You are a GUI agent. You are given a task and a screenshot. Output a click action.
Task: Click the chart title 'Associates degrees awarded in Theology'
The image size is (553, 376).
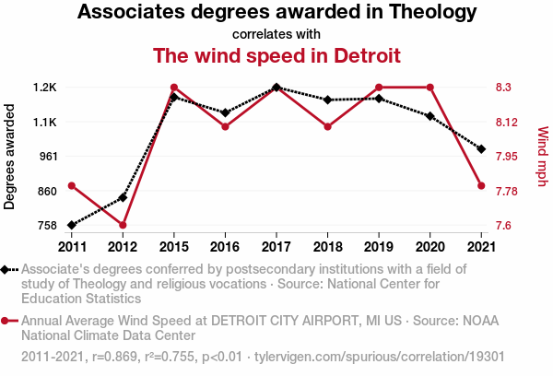(276, 13)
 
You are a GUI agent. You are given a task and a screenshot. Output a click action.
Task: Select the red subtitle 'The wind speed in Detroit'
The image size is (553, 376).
(276, 55)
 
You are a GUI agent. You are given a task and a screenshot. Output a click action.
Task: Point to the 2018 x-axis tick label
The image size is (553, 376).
(327, 246)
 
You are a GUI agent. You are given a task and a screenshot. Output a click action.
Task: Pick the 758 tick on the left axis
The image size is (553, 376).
(45, 225)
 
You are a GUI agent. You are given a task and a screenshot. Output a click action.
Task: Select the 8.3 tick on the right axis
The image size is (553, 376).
(504, 88)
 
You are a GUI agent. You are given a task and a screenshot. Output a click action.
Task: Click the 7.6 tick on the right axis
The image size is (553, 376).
(504, 225)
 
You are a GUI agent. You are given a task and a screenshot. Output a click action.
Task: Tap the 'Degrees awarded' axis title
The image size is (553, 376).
(10, 157)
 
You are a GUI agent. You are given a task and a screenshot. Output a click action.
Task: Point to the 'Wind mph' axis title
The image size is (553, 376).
(541, 157)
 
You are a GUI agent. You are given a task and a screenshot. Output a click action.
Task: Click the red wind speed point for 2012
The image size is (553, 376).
(123, 225)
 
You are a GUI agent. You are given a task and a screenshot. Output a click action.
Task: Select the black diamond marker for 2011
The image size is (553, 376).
(71, 225)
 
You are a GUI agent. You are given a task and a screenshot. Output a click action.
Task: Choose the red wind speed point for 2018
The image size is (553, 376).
(327, 126)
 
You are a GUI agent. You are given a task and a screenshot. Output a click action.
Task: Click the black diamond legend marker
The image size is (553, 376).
(6, 269)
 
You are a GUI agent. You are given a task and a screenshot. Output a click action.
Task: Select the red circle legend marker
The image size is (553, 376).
(6, 321)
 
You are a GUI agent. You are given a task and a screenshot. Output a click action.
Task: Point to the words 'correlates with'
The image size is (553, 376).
(276, 34)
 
